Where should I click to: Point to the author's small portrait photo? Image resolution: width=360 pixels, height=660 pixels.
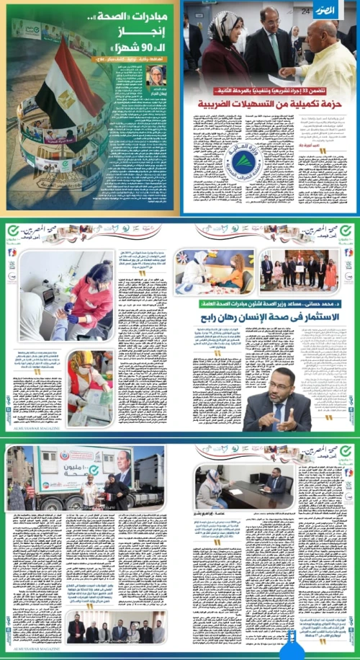click(x=157, y=75)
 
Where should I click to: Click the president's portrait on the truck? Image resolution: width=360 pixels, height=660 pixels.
click(x=125, y=475)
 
